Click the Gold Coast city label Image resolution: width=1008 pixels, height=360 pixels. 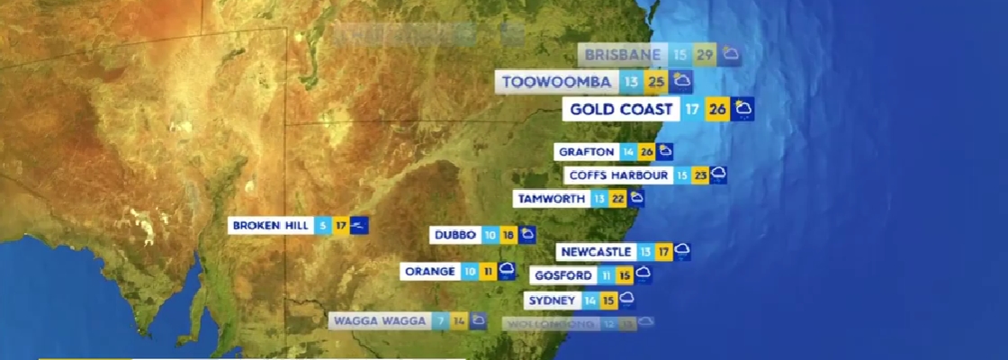(622, 110)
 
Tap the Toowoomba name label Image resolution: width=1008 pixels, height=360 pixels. (557, 83)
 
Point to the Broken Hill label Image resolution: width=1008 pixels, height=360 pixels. (270, 225)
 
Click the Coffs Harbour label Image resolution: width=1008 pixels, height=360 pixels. (618, 175)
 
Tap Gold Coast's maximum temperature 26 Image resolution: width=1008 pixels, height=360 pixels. (717, 110)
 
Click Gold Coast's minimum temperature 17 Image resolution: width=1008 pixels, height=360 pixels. (692, 110)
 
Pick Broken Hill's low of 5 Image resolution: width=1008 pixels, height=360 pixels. (323, 225)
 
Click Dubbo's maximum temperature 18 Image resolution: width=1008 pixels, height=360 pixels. (508, 235)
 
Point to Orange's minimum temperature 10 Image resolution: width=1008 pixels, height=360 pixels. (471, 271)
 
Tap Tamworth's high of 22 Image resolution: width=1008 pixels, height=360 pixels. (617, 198)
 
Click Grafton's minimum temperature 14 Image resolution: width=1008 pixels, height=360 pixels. (628, 152)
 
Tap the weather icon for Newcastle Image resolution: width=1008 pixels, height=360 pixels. (682, 251)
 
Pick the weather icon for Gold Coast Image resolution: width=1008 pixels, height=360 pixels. (742, 110)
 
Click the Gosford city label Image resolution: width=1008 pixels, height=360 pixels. (562, 275)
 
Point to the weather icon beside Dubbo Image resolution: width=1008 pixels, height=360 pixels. (527, 235)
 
